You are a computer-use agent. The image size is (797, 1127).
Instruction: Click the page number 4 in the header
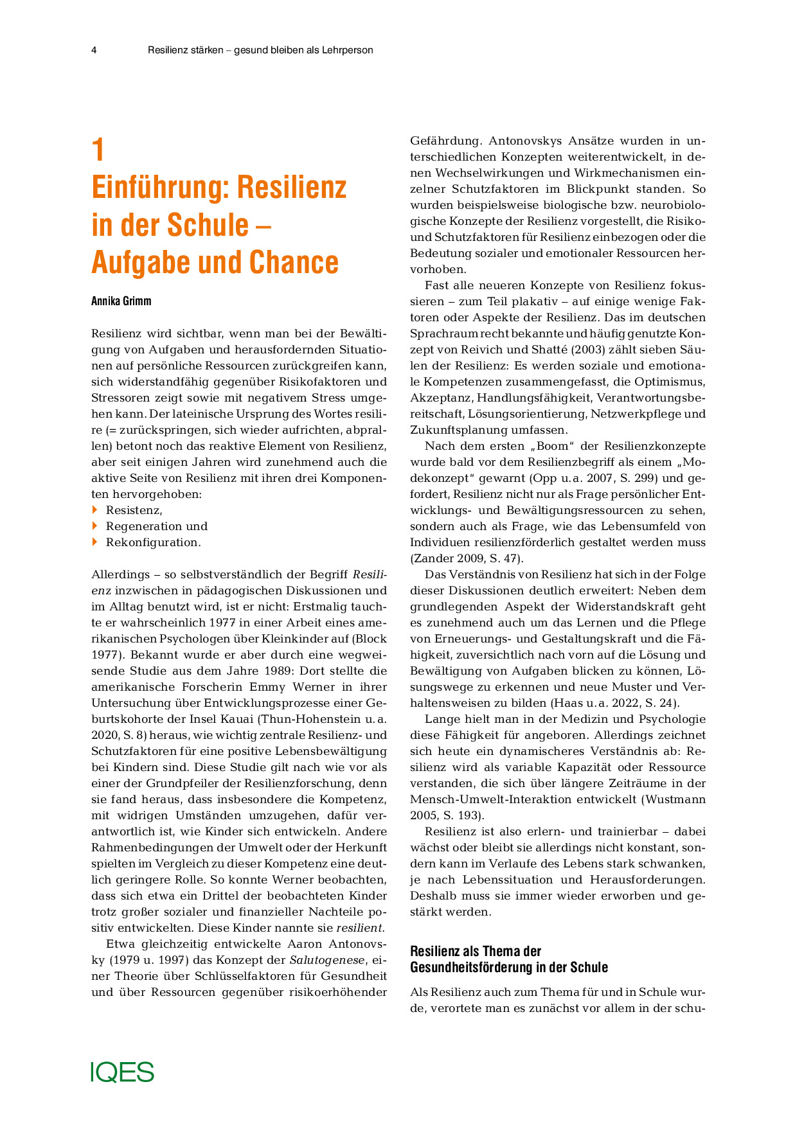[x=94, y=50]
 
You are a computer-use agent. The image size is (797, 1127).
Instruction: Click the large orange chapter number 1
[x=98, y=150]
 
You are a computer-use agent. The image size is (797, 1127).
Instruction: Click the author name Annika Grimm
[x=121, y=301]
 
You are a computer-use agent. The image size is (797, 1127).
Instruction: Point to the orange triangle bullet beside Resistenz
[x=95, y=510]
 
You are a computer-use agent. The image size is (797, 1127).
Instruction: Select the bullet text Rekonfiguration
[x=153, y=542]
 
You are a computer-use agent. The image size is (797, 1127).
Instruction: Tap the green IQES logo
[x=122, y=1072]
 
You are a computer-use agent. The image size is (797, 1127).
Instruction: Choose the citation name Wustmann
[x=677, y=799]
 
